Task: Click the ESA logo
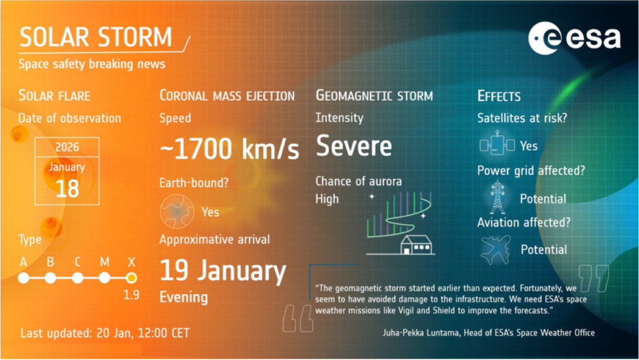[x=575, y=38]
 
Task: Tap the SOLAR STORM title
[x=95, y=37]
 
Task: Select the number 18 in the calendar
[x=67, y=188]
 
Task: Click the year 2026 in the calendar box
[x=67, y=147]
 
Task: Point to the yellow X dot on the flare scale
[x=131, y=278]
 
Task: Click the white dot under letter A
[x=24, y=278]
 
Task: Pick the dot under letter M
[x=104, y=278]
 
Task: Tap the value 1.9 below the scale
[x=131, y=295]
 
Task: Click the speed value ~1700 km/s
[x=230, y=148]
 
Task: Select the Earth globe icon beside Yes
[x=177, y=211]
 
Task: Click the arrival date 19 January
[x=223, y=271]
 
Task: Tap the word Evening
[x=183, y=297]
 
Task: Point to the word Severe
[x=354, y=146]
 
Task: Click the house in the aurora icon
[x=416, y=245]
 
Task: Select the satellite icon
[x=497, y=144]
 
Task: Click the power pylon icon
[x=497, y=197]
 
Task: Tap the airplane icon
[x=495, y=249]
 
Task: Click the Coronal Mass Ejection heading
[x=227, y=95]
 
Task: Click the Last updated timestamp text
[x=105, y=333]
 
